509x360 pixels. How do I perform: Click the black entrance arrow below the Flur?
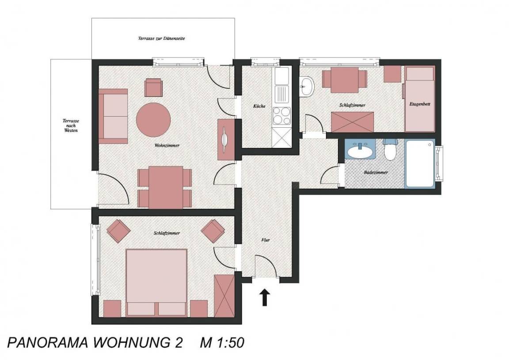265,297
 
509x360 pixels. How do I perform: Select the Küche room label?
259,106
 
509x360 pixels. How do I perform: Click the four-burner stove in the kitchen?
281,116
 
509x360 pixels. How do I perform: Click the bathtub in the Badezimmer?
420,163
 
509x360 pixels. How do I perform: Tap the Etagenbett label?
420,104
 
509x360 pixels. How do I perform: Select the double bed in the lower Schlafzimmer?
156,282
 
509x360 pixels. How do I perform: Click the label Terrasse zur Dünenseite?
161,38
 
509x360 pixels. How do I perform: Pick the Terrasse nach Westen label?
71,125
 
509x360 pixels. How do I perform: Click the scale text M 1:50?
222,343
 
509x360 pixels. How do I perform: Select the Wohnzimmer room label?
167,145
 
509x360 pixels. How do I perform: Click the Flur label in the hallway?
266,240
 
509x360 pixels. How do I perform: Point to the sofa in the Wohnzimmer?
113,116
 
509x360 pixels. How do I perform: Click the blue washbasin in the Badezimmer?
360,150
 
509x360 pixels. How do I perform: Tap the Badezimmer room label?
376,172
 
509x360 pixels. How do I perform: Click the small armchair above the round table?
154,87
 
